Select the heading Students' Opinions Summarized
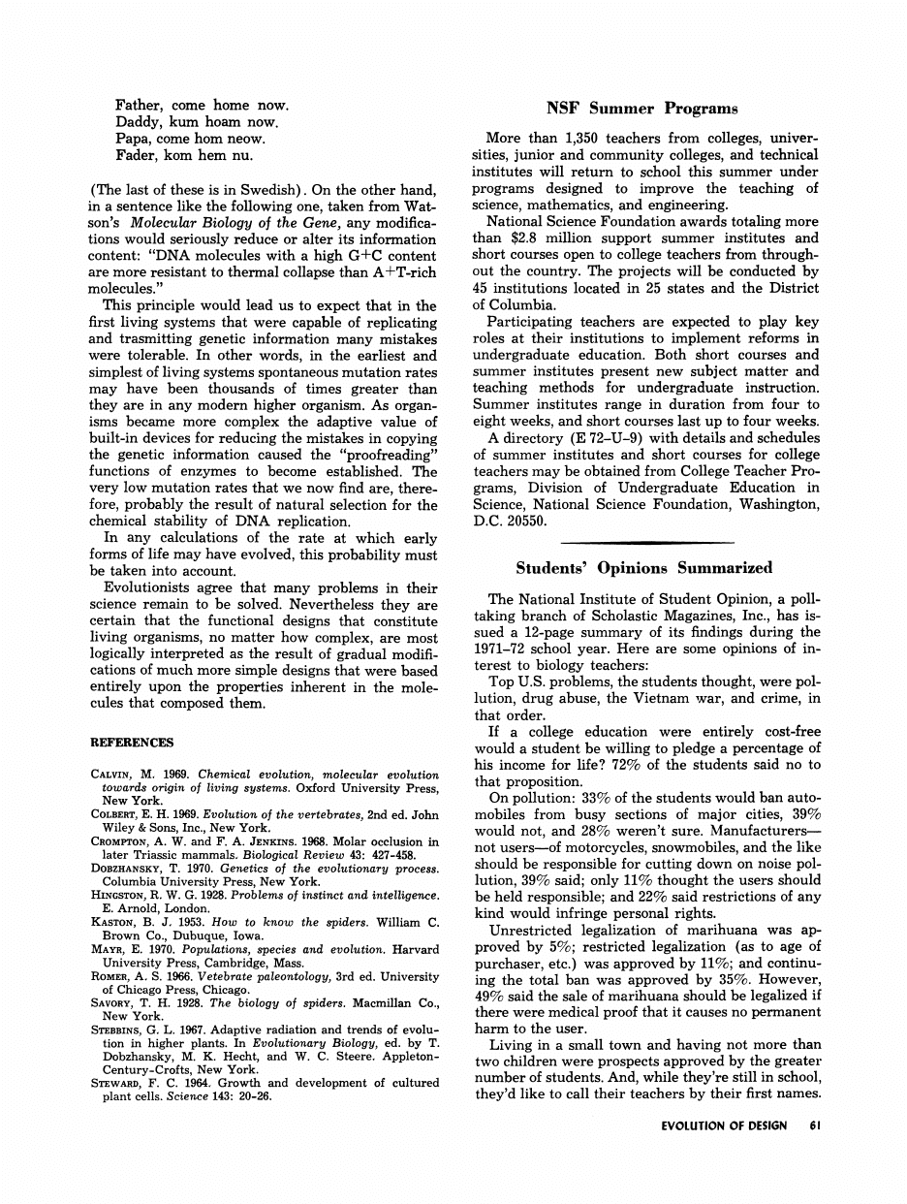pos(643,568)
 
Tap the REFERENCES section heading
pos(132,743)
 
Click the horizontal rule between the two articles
pos(647,542)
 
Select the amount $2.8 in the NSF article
pos(522,238)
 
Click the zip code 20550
pos(525,522)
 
